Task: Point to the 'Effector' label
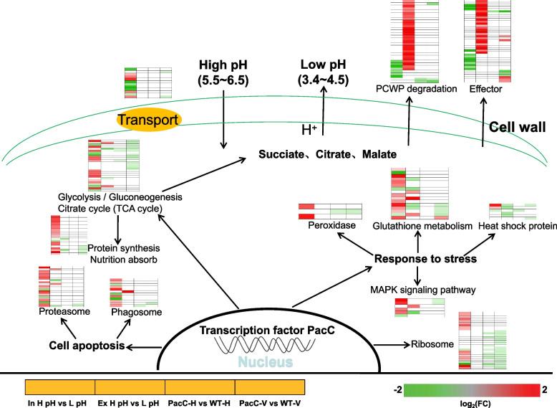click(486, 90)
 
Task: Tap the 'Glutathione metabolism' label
click(422, 226)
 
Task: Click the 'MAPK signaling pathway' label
click(422, 290)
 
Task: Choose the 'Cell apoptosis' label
click(81, 346)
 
